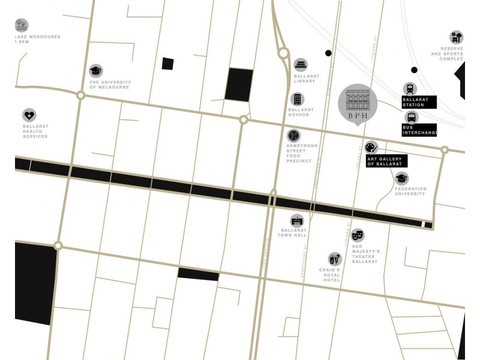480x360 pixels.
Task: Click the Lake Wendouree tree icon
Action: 22,25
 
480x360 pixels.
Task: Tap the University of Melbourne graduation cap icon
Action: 96,71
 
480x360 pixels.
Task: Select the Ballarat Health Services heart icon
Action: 29,115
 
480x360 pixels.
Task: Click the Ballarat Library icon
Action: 301,65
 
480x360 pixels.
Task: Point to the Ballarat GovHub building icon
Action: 297,99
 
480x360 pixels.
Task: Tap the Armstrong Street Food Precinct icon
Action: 293,136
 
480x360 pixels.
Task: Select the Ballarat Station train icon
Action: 410,89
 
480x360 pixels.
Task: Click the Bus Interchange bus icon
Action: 411,117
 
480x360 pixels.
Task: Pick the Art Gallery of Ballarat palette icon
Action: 371,147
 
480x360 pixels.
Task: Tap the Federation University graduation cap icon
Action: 401,178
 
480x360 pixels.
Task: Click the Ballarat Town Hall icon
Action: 297,221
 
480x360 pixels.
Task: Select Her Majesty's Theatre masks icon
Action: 358,235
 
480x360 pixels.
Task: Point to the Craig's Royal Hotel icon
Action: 335,259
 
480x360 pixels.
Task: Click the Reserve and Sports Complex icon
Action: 456,37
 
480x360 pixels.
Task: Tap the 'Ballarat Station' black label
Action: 419,103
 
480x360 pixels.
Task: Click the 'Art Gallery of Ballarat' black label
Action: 386,161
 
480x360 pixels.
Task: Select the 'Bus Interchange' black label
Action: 419,130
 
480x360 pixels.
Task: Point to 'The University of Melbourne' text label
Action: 109,85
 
